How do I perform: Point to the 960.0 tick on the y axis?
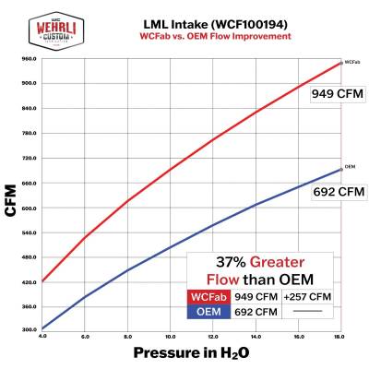29,58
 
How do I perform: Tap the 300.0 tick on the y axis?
29,330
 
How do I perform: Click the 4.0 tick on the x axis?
42,339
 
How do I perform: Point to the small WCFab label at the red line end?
351,62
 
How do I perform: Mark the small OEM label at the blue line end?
351,167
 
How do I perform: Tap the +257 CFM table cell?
309,298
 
